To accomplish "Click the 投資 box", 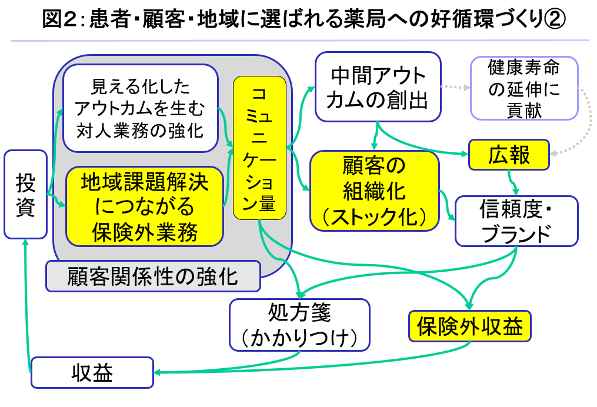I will tap(25, 195).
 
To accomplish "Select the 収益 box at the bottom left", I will tap(92, 372).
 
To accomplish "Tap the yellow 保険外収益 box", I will tap(469, 325).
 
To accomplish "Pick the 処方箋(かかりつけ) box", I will tap(300, 325).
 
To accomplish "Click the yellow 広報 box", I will tap(509, 155).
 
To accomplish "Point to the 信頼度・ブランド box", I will tap(516, 221).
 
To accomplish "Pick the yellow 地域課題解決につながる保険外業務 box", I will tap(145, 206).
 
